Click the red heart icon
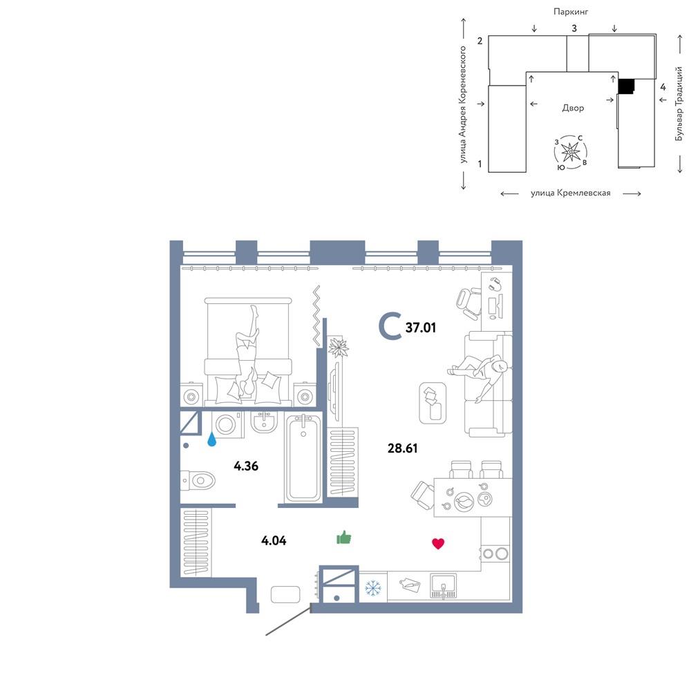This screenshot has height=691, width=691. (438, 543)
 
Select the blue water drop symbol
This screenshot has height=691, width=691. (212, 439)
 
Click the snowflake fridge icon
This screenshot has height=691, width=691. (373, 587)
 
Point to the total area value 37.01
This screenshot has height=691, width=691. (420, 328)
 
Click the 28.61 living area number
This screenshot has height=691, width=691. (402, 448)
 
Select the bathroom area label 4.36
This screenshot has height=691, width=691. (246, 466)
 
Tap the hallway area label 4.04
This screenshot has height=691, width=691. (274, 540)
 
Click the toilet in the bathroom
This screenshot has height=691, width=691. (198, 480)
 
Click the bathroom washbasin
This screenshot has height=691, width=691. (265, 422)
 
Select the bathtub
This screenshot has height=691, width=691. (303, 458)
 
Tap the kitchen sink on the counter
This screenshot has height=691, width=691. (444, 586)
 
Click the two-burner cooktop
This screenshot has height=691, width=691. (495, 553)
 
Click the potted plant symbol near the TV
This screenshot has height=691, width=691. (339, 347)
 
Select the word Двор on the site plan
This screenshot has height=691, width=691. (573, 108)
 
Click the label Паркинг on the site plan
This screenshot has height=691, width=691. (571, 12)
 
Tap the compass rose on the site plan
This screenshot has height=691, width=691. (571, 152)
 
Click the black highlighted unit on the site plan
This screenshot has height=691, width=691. (626, 86)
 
